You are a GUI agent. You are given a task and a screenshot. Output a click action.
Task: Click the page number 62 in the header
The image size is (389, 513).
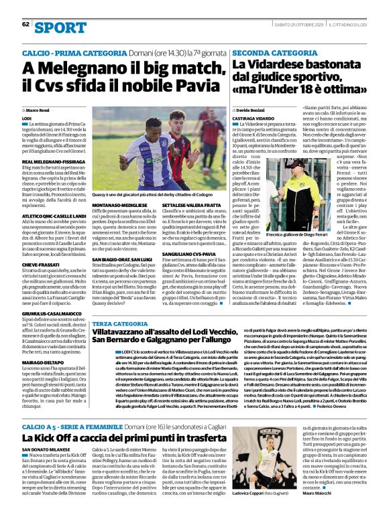25,24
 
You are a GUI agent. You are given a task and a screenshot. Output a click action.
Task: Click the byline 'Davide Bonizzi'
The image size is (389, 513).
253,109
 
